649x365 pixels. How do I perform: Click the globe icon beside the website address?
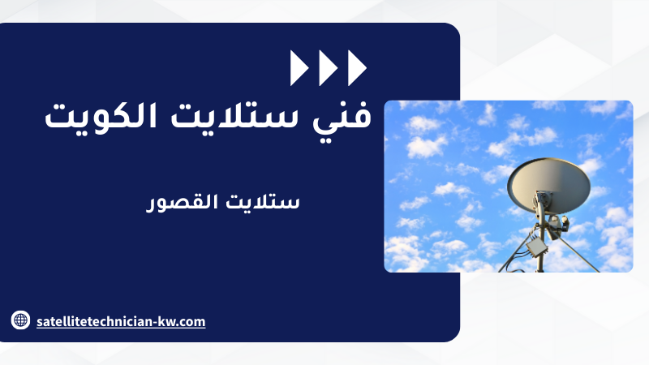(x=21, y=320)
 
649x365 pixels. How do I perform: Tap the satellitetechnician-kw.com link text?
(x=121, y=321)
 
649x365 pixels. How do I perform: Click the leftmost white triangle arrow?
(x=299, y=68)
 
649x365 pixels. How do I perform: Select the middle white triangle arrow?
(x=329, y=68)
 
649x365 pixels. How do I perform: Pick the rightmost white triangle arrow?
(x=357, y=68)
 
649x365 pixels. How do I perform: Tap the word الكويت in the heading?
(x=101, y=116)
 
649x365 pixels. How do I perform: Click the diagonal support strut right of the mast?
(x=577, y=252)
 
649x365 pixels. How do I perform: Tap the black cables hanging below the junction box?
(x=513, y=265)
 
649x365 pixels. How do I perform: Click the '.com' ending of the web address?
(x=191, y=322)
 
